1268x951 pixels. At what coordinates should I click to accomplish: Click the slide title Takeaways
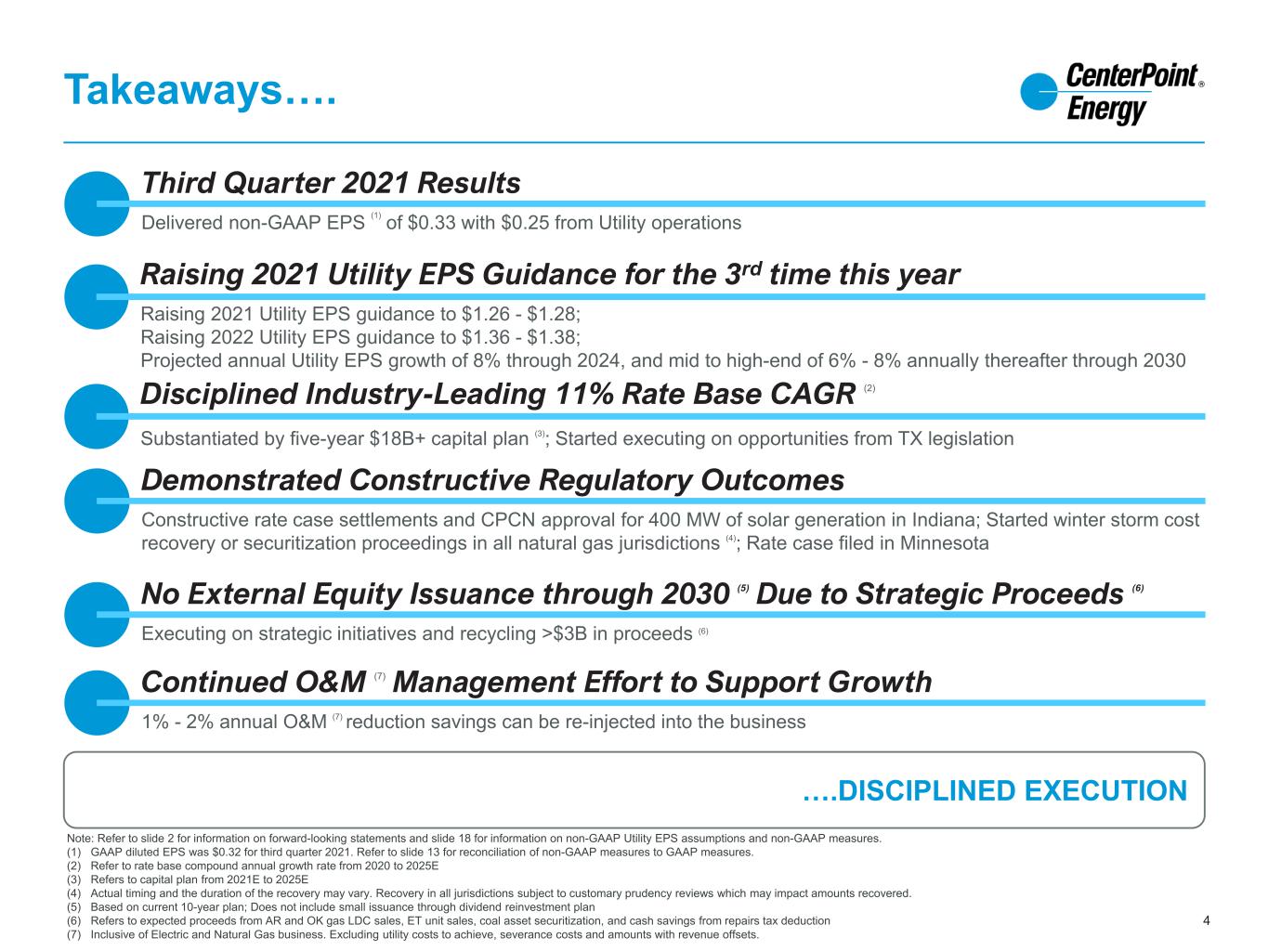[200, 91]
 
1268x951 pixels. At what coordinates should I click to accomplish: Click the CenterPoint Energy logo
[1112, 94]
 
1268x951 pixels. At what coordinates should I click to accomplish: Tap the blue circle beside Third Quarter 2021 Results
[97, 203]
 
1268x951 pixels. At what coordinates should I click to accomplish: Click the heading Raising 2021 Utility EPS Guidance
[550, 274]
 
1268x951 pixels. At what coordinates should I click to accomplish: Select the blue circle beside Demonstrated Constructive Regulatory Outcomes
[97, 501]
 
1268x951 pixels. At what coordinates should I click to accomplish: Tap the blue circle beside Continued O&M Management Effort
[97, 703]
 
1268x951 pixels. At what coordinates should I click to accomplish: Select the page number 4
[1206, 920]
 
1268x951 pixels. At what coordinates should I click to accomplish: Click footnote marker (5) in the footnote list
[74, 907]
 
